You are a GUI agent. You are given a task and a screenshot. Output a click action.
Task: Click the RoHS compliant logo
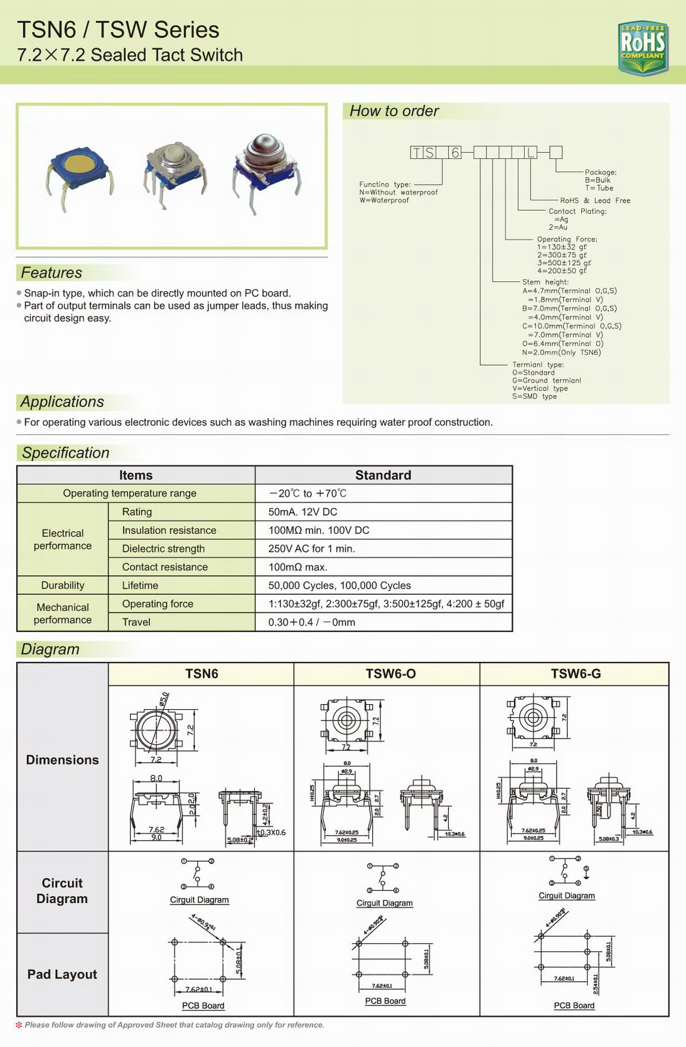642,47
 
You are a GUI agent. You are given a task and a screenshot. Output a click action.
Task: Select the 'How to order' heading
394,111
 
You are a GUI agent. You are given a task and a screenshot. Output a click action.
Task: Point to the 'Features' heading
51,273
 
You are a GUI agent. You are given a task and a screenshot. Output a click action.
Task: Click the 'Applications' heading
62,402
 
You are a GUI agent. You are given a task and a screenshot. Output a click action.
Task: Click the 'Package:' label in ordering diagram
600,172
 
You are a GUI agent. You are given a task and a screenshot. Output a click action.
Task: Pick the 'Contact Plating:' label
577,212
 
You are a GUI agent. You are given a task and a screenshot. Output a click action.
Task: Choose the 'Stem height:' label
545,282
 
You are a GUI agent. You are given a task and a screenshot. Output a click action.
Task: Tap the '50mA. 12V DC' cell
303,512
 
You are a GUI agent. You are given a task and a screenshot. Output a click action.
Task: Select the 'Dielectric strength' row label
163,548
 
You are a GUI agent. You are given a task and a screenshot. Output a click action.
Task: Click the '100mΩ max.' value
297,567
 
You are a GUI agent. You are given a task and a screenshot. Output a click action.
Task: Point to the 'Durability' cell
63,585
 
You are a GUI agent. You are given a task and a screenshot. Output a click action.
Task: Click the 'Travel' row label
136,622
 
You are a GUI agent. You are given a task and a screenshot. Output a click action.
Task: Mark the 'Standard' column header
383,475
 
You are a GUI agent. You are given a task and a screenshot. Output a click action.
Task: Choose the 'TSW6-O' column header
390,674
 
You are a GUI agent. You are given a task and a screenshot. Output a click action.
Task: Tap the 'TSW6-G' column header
576,674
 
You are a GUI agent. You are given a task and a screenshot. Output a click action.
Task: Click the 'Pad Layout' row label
62,974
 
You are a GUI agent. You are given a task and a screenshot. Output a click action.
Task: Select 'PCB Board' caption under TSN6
203,1006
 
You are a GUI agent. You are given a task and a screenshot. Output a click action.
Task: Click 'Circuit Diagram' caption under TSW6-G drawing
566,896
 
